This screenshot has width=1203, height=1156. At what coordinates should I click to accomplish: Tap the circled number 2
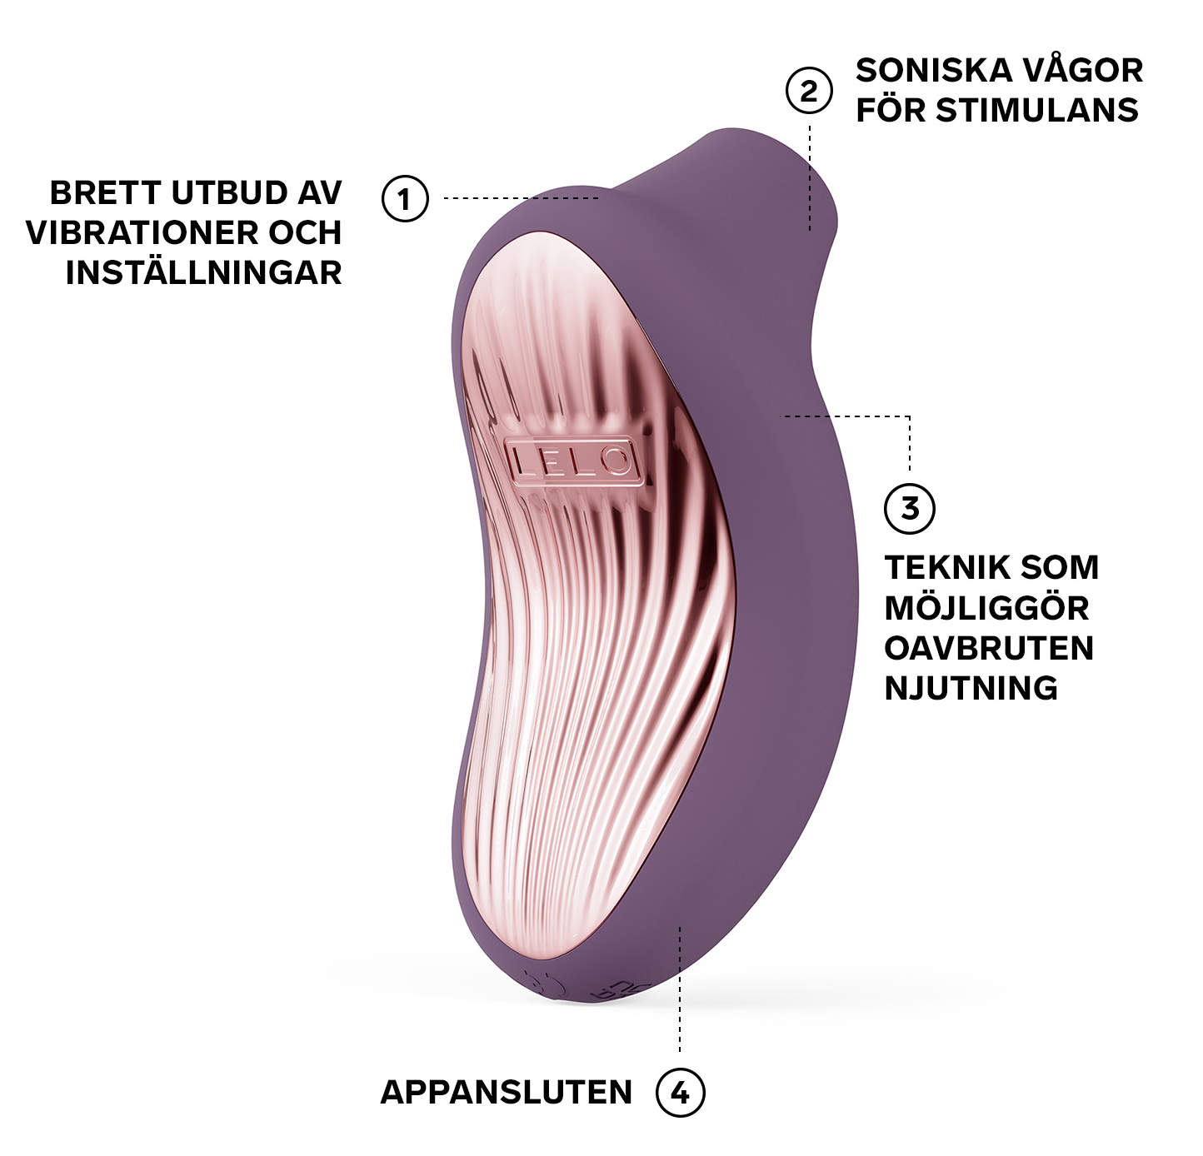tap(809, 91)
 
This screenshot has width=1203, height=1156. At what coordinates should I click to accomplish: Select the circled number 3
tap(909, 507)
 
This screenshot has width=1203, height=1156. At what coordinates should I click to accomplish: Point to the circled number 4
tap(681, 1092)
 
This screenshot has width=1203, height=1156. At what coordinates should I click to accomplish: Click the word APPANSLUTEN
tap(507, 1092)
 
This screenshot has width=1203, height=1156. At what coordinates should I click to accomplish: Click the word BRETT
tap(105, 192)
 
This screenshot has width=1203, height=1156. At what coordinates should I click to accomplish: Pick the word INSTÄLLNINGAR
tap(204, 272)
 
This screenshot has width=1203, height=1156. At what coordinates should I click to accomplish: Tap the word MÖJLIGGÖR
tap(986, 608)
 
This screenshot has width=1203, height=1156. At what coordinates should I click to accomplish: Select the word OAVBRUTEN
tap(989, 648)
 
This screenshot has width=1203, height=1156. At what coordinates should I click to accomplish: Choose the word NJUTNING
tap(971, 688)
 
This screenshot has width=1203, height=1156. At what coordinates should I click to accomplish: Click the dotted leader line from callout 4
tap(681, 991)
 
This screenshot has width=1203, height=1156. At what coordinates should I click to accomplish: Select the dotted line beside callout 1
tap(521, 198)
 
